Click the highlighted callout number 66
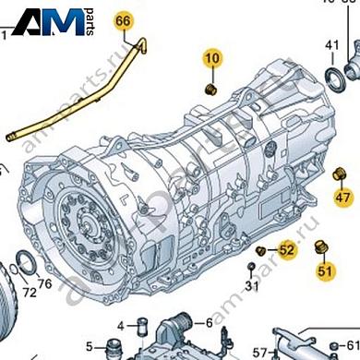point(124,19)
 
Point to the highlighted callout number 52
point(286,249)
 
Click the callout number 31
point(251,285)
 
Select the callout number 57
point(260,351)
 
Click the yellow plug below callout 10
point(210,89)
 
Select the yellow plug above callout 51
point(322,246)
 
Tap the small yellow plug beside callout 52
point(261,250)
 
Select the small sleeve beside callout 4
point(142,325)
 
